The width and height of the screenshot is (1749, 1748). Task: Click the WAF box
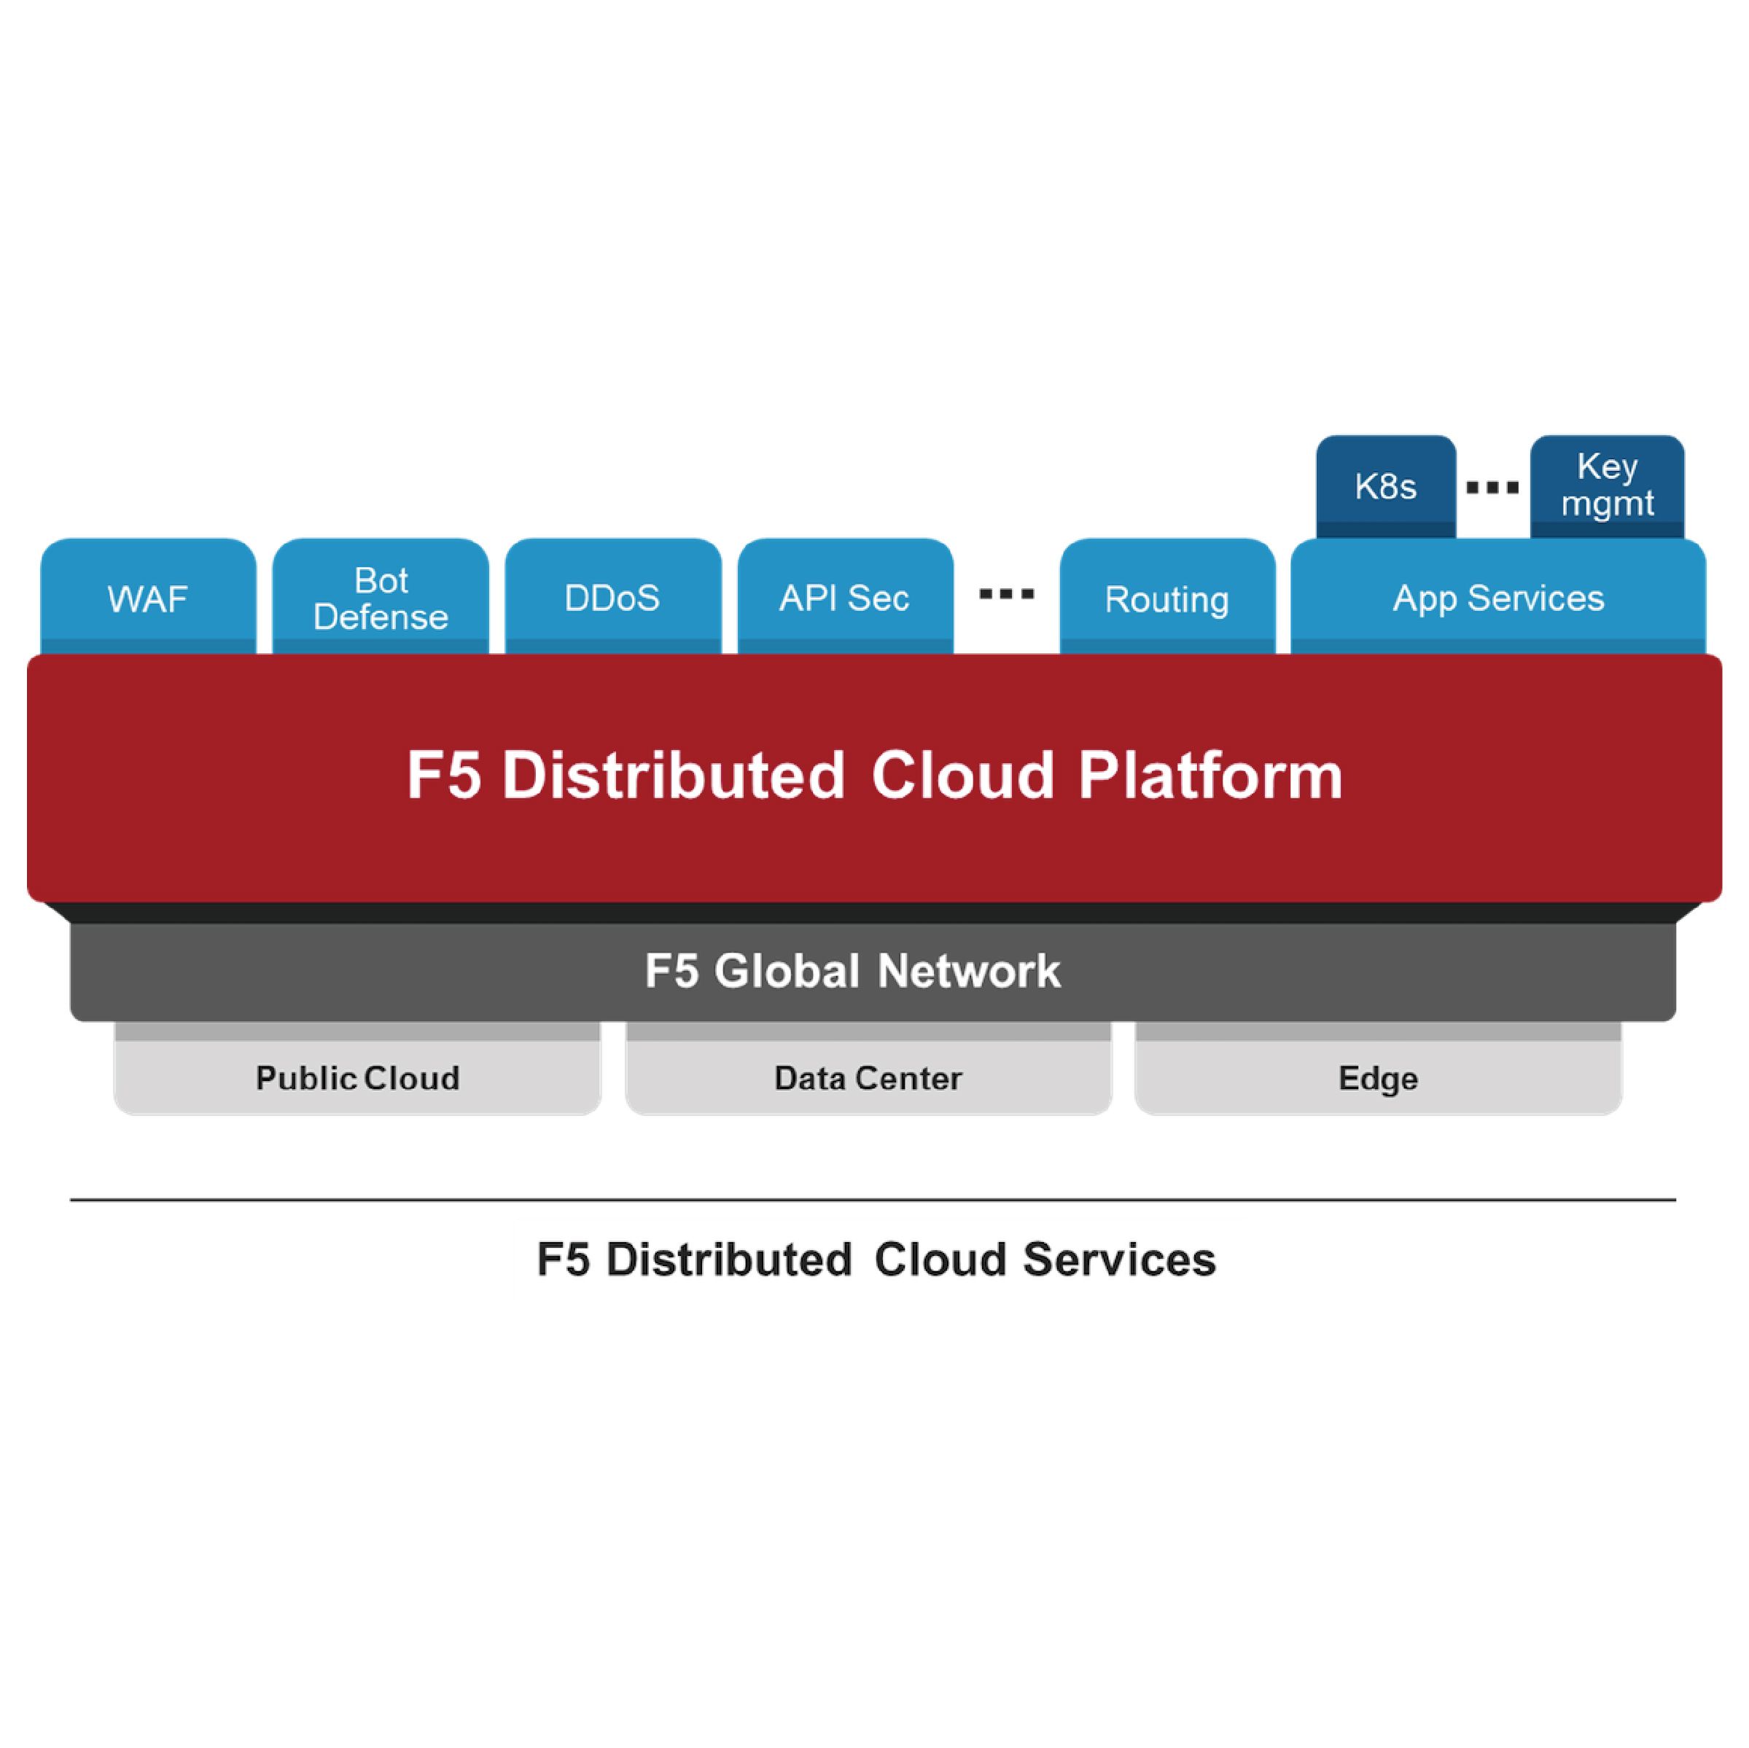[147, 598]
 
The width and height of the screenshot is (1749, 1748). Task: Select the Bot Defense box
[381, 598]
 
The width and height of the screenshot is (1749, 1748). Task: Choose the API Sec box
[845, 598]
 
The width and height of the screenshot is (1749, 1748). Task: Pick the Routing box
[1167, 598]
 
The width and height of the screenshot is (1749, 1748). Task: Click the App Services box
[1497, 598]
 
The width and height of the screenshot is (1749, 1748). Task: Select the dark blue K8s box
[1385, 487]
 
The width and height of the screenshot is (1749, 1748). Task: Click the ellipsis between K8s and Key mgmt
[1492, 488]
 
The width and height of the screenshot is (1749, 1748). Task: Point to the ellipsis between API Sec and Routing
[1006, 595]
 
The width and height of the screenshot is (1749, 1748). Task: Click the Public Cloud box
[357, 1078]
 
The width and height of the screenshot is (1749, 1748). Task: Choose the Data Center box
[868, 1078]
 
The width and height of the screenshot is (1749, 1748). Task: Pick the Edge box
[1377, 1078]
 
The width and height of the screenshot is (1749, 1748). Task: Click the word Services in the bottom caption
[1119, 1260]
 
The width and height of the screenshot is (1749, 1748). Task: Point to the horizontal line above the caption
[873, 1201]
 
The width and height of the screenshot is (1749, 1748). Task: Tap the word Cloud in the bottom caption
[940, 1260]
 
